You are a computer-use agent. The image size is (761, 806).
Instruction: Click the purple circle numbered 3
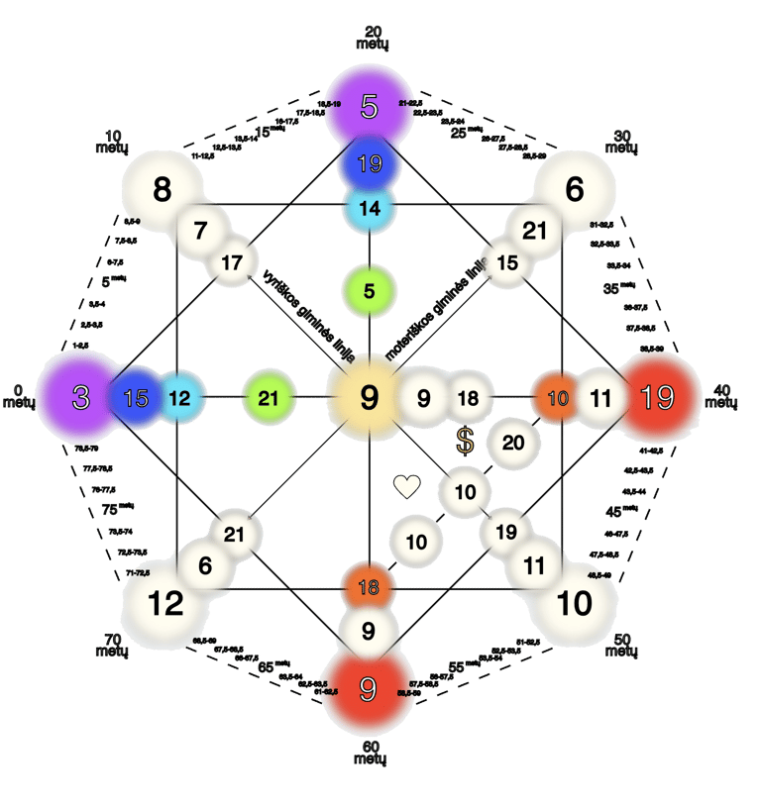coord(81,398)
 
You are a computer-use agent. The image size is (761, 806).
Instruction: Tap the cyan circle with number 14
coord(369,208)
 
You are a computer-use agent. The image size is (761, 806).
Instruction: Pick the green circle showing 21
coord(268,398)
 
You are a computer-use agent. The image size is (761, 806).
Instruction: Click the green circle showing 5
coord(369,291)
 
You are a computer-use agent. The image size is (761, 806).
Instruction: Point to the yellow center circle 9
coord(369,398)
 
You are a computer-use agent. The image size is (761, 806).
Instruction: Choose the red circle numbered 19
coord(656,398)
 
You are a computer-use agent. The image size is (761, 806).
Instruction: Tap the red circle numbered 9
coord(369,688)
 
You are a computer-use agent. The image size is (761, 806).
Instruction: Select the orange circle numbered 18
coord(369,587)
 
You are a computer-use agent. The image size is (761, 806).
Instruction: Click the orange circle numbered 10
coord(558,398)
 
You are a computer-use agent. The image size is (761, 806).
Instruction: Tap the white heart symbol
coord(406,486)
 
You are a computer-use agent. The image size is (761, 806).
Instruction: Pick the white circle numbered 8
coord(163,189)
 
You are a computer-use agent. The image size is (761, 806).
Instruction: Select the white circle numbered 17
coord(232,263)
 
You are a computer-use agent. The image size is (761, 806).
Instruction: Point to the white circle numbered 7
coord(200,232)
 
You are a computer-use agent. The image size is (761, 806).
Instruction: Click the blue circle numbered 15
coord(136,398)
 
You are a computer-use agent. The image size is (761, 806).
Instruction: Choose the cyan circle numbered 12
coord(179,398)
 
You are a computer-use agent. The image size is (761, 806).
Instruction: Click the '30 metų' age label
coord(622,143)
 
